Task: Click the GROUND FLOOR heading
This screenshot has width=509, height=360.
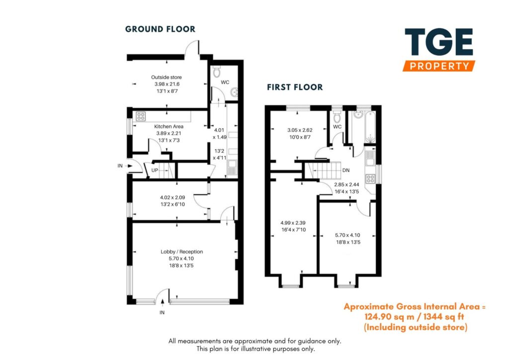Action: (x=160, y=29)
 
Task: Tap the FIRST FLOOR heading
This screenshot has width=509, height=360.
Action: (x=295, y=87)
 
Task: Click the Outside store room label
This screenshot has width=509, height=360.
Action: (x=167, y=77)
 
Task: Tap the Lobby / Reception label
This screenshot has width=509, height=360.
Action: (x=181, y=252)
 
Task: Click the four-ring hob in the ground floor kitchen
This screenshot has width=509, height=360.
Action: (x=141, y=117)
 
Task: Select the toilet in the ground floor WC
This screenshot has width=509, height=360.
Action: (x=216, y=73)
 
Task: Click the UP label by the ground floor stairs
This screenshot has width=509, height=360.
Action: (x=155, y=170)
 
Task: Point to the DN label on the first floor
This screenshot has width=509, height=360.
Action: (x=346, y=170)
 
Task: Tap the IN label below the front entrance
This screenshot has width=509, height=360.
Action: (x=162, y=313)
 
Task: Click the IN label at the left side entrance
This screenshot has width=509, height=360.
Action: (x=120, y=166)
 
